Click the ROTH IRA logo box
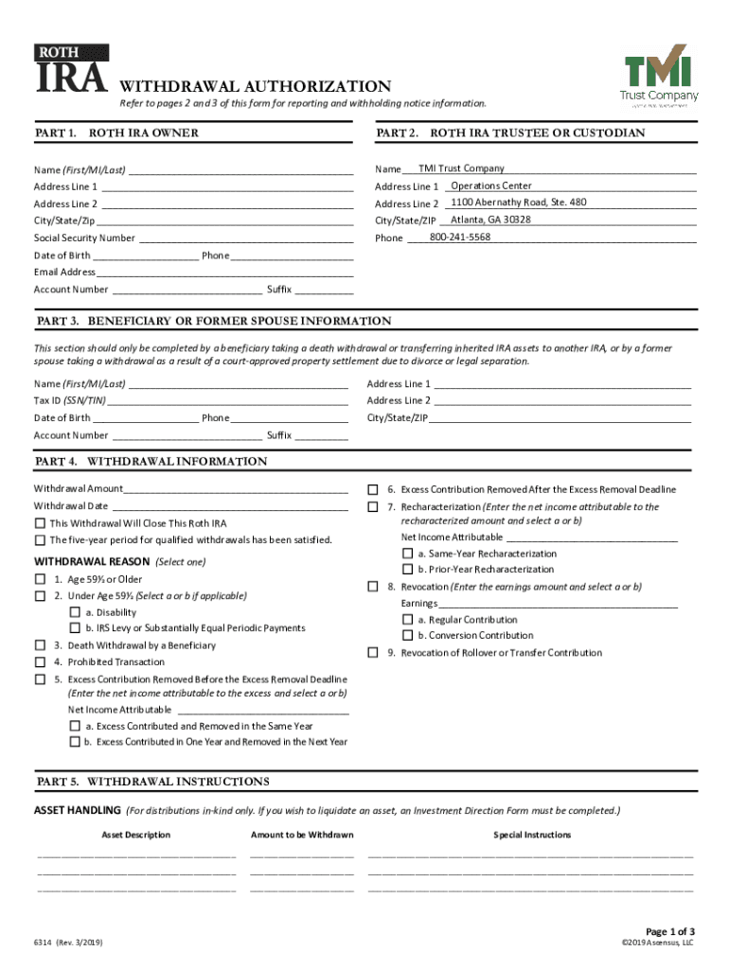click(71, 70)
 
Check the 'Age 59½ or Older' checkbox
click(40, 579)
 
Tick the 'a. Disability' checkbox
click(74, 612)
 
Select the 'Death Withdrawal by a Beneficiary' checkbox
click(40, 645)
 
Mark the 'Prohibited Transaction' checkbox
click(40, 662)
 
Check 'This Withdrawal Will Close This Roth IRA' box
click(40, 523)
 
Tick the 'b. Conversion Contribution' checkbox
click(407, 636)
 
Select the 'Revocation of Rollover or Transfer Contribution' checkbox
click(373, 653)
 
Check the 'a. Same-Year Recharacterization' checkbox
click(407, 554)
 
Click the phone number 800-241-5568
click(460, 237)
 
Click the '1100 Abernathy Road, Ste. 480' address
click(518, 203)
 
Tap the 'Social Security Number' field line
click(245, 239)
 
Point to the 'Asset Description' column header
click(136, 835)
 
